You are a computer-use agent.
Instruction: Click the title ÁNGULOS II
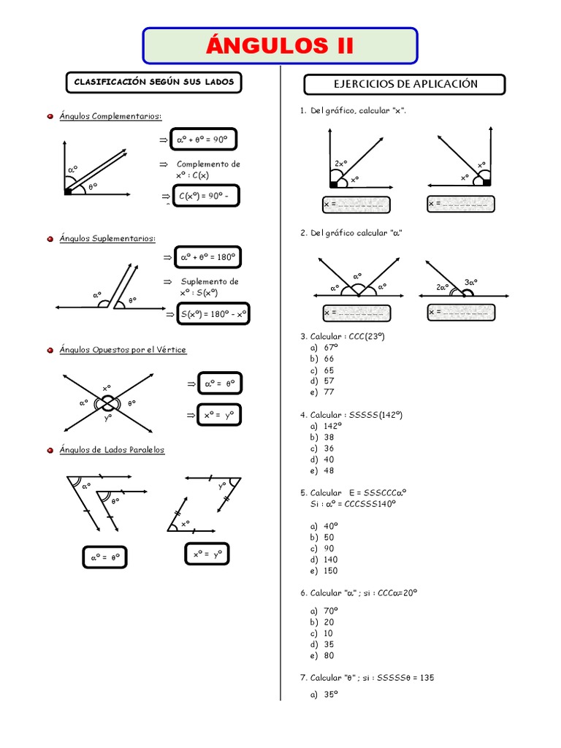click(280, 46)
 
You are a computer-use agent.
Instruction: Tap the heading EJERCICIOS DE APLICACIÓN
click(405, 84)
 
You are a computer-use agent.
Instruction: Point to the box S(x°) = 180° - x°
click(213, 315)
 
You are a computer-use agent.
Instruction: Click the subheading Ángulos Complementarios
click(110, 116)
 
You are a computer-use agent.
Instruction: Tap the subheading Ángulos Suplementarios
click(107, 238)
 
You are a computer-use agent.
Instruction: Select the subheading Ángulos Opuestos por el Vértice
click(123, 350)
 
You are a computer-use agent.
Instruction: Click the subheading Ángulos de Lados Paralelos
click(112, 450)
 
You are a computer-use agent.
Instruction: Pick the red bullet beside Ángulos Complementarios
click(49, 116)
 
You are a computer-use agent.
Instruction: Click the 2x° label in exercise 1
click(340, 164)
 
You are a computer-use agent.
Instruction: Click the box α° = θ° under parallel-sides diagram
click(105, 557)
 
